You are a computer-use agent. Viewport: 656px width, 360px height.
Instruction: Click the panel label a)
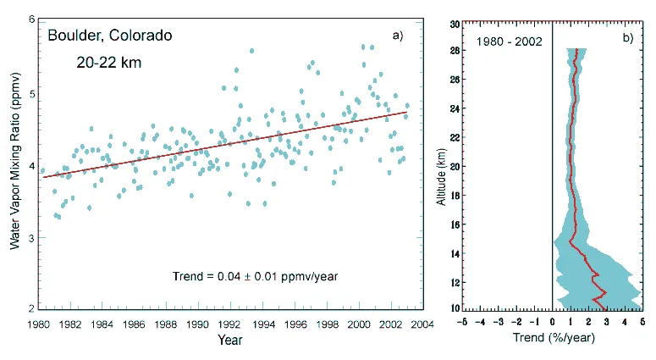397,36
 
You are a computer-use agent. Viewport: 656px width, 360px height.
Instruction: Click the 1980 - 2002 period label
509,41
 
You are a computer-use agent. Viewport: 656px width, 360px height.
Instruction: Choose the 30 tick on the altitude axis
455,25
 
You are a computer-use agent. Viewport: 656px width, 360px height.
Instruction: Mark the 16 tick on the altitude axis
455,224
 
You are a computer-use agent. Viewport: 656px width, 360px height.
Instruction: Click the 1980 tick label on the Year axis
38,324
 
